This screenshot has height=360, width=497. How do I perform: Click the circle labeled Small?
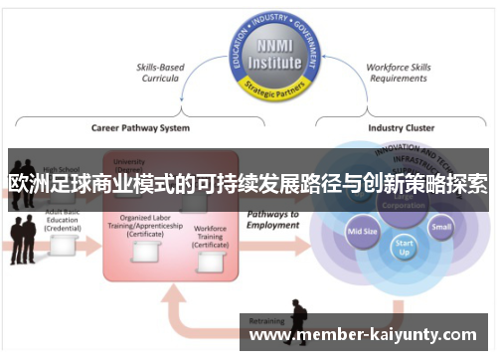point(441,226)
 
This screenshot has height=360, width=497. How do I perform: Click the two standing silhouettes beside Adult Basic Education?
point(22,239)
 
